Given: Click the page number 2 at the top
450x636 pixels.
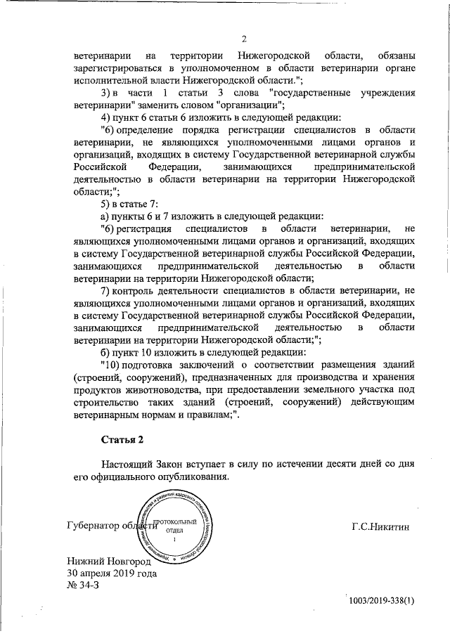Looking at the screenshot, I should (x=244, y=39).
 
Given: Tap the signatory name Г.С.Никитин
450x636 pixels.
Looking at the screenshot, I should (x=380, y=526).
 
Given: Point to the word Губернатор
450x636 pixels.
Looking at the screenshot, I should (x=94, y=526).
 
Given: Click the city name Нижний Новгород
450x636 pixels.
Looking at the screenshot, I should (x=109, y=562).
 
